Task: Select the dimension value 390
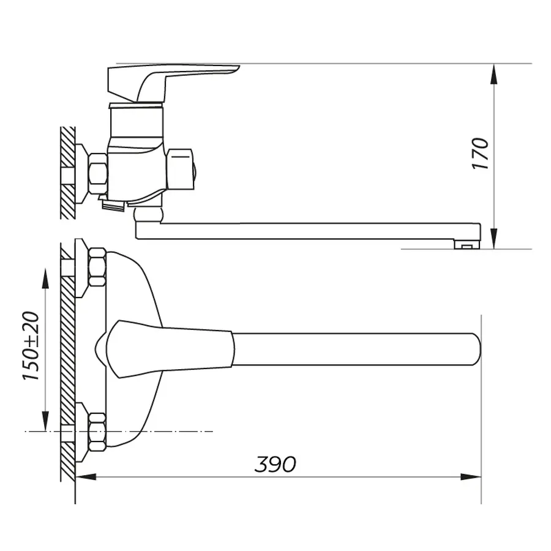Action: [275, 464]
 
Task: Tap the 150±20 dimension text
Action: [31, 346]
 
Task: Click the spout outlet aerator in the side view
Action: [467, 245]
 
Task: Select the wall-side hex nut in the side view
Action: [97, 173]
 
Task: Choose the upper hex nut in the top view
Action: [97, 268]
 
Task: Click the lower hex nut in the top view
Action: [97, 432]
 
